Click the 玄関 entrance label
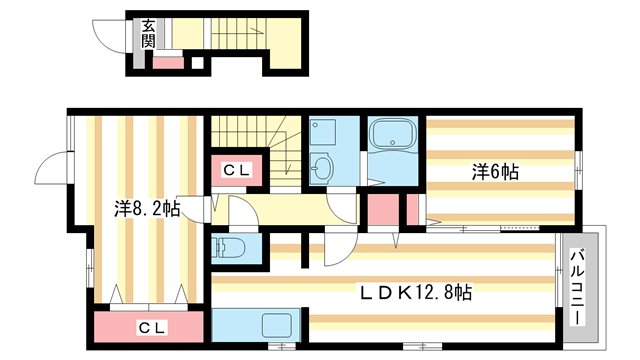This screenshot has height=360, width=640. coord(148,34)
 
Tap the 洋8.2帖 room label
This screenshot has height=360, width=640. coord(146,210)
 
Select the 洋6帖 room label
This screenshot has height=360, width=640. coord(496,171)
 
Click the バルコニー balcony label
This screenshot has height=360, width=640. coord(579,285)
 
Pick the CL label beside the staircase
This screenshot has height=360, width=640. coord(236,170)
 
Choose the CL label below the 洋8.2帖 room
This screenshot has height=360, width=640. coord(151,328)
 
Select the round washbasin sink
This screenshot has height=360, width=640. coord(322,169)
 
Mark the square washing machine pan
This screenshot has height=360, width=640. coord(324,132)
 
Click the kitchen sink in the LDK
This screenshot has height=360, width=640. coord(275,326)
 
